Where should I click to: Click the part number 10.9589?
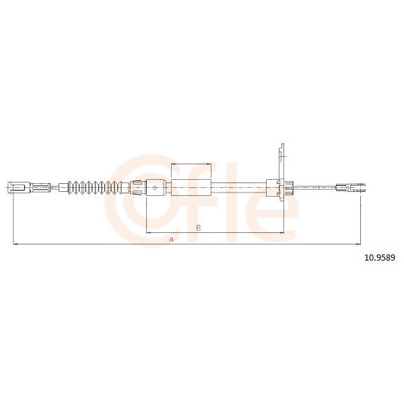point(380,257)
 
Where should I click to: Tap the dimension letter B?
point(199,228)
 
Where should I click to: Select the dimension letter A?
point(171,240)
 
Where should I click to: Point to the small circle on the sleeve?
point(155,188)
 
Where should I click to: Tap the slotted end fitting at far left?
point(20,187)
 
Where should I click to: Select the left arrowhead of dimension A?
point(15,244)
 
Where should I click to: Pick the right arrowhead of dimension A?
point(358,244)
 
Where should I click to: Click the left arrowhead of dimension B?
point(148,233)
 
